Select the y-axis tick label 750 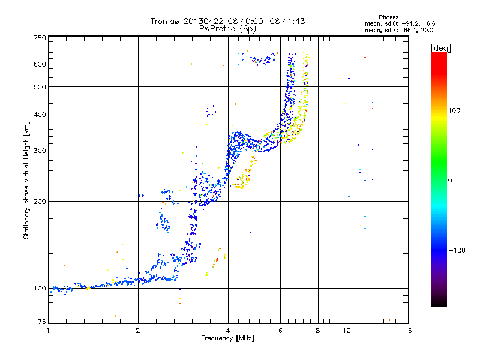point(40,38)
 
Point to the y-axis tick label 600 point(40,64)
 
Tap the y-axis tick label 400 point(40,115)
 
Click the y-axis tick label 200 point(40,201)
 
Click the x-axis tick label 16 point(407,331)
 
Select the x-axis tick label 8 point(318,331)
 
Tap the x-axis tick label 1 point(49,331)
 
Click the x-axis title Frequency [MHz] point(227,339)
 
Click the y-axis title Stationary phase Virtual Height point(26,180)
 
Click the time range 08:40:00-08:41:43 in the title point(268,21)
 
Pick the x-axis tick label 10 point(346,331)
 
